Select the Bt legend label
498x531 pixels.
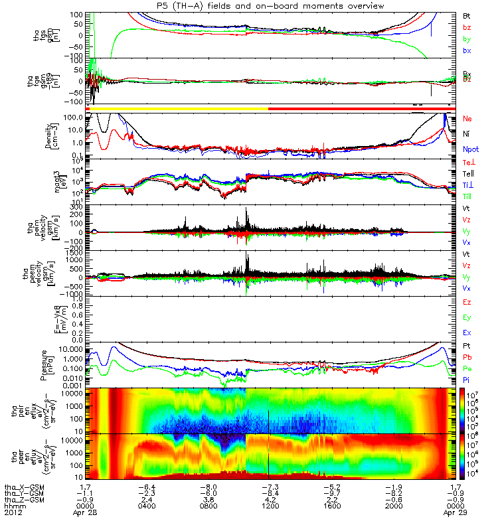[467, 15]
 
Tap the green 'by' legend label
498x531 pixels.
[467, 39]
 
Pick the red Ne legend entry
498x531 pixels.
[467, 118]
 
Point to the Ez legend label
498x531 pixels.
[467, 303]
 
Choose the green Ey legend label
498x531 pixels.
[467, 318]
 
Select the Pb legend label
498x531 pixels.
[467, 358]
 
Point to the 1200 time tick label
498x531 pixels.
[268, 512]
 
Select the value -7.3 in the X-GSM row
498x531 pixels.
[268, 486]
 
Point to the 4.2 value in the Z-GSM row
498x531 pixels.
[268, 503]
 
